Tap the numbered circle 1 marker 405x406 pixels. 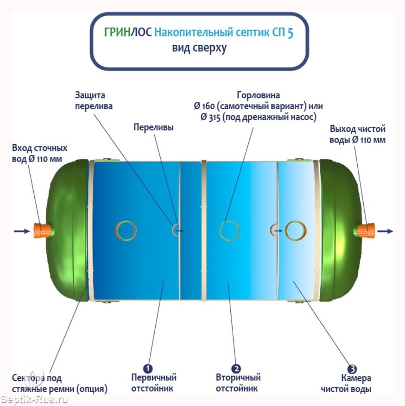(x=148, y=369)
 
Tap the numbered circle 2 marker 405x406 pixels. (x=236, y=369)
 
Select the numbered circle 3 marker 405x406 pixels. (x=352, y=369)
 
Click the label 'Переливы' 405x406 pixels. (x=154, y=127)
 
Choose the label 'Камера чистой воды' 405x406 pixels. (x=347, y=384)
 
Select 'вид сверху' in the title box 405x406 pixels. (x=200, y=48)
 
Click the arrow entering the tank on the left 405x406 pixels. (x=21, y=231)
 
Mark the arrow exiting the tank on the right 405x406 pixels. (x=385, y=231)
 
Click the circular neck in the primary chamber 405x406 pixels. (x=127, y=230)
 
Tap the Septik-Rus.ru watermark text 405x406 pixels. (x=35, y=399)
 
